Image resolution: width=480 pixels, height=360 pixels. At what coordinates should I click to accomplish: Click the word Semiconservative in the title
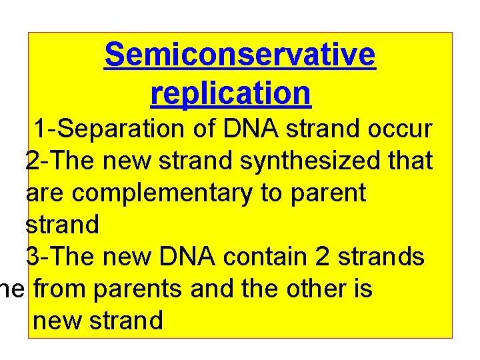point(240,55)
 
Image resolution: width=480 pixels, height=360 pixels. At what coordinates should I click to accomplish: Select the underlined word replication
point(231,93)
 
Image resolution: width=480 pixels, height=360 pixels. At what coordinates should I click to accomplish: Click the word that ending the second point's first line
point(410,161)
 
